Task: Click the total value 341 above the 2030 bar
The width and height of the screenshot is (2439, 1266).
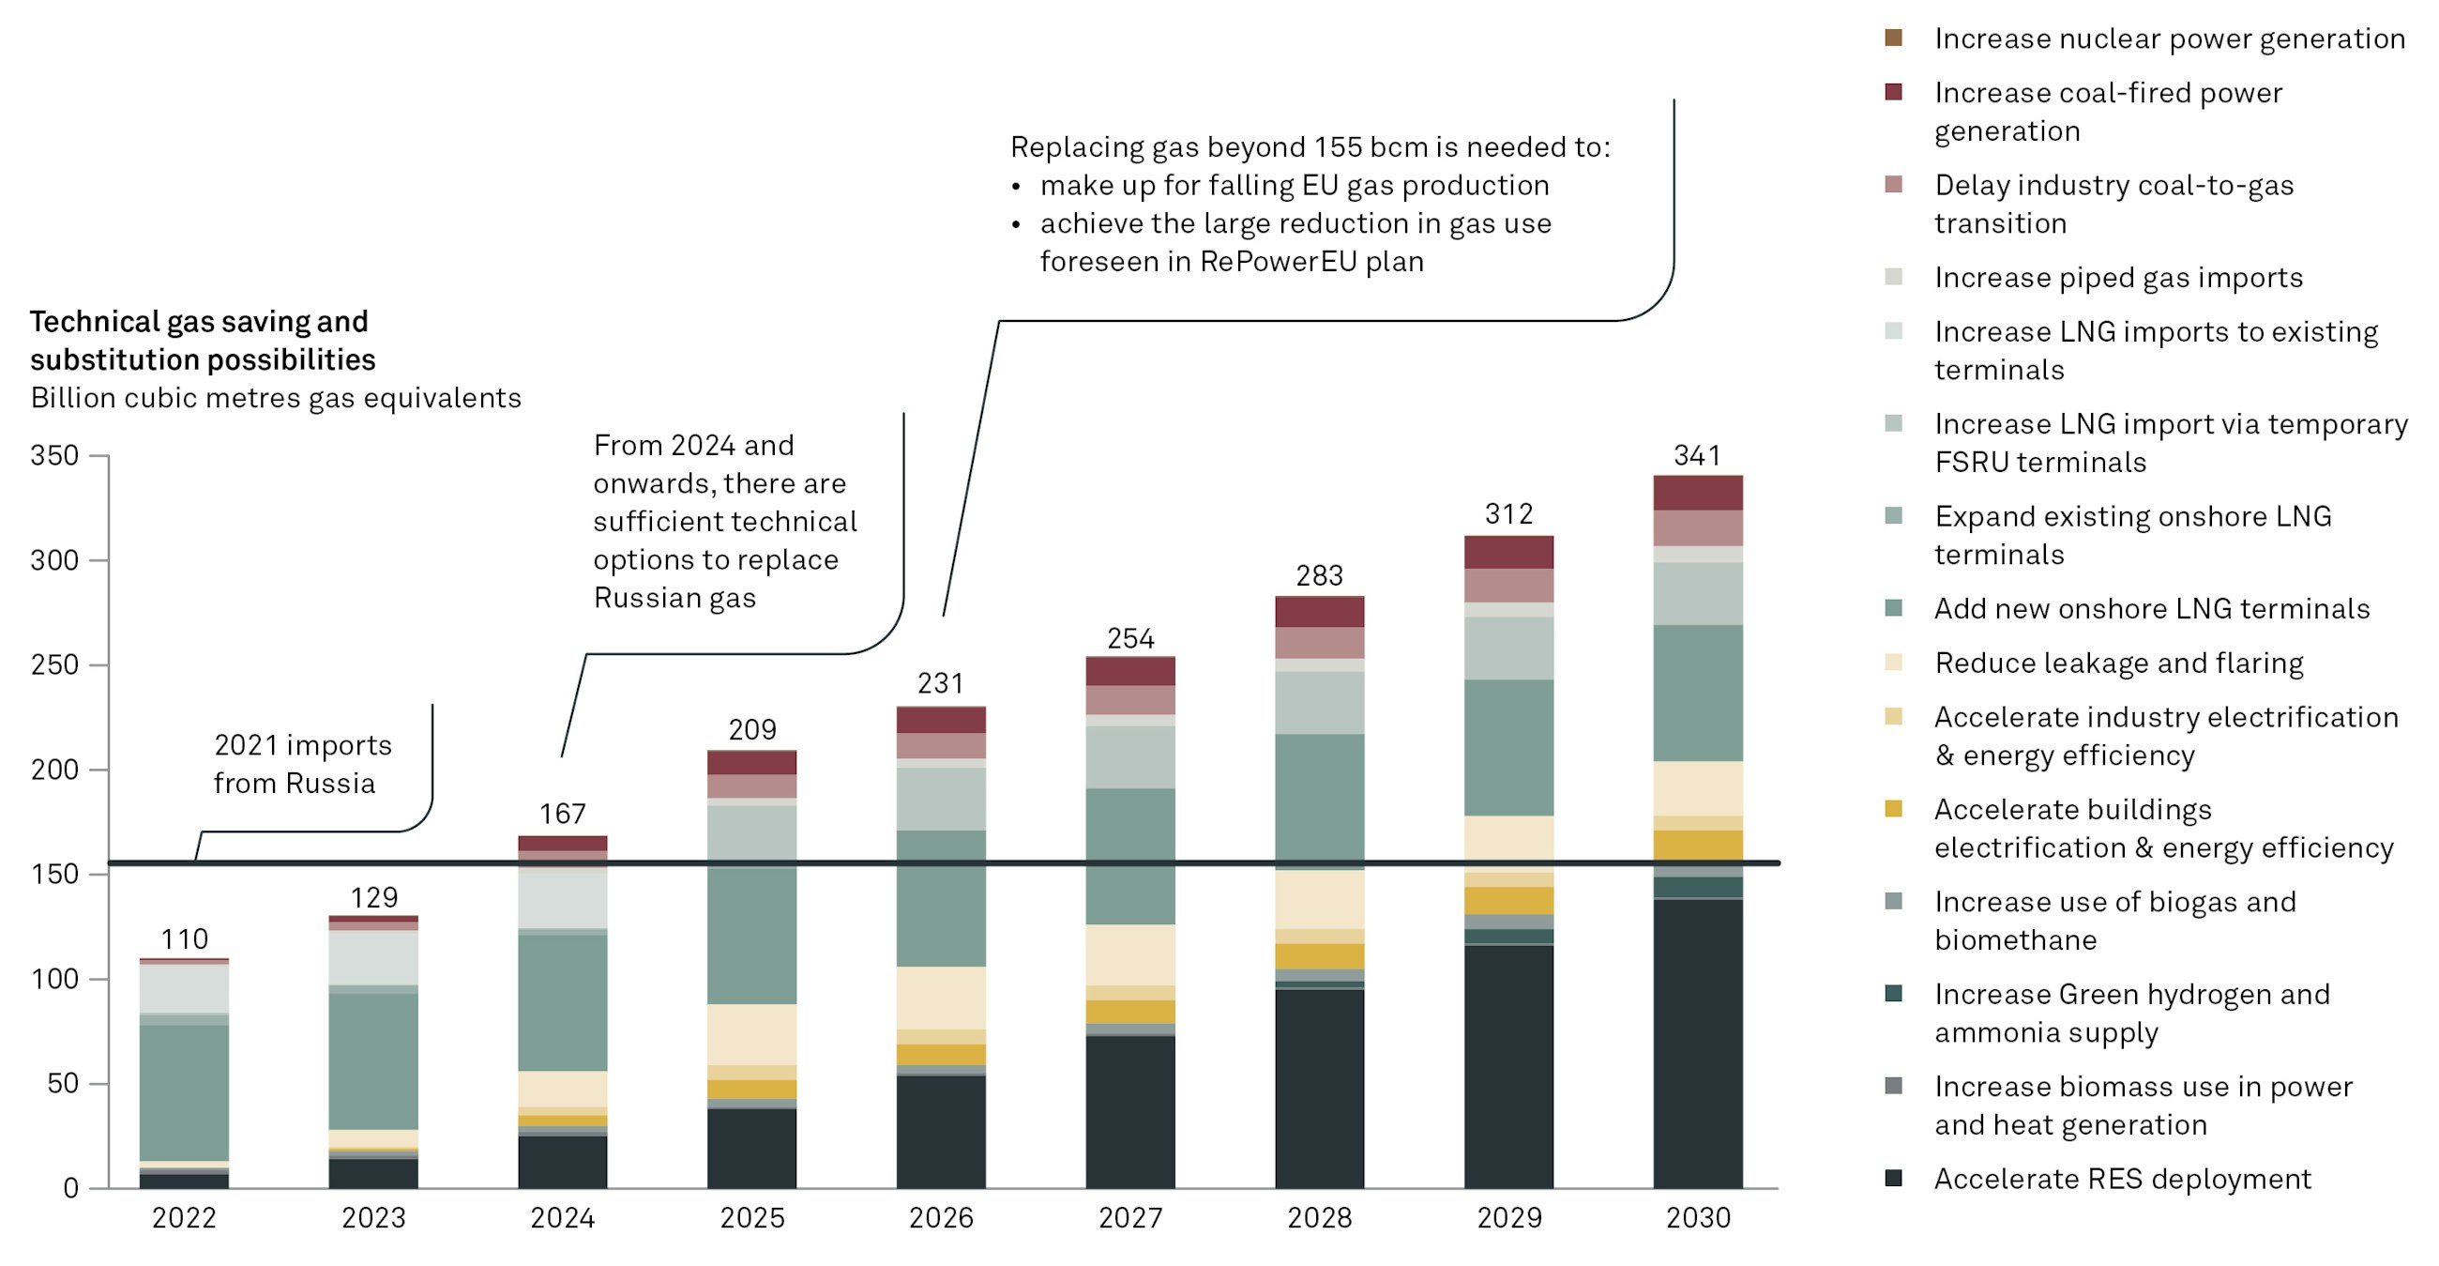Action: (1697, 455)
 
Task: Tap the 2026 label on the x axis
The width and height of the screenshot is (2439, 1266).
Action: (940, 1217)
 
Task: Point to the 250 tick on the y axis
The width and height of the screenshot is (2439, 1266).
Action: (54, 664)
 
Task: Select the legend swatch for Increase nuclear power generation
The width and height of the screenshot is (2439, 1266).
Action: (1893, 38)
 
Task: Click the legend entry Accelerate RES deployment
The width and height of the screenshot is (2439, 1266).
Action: (2122, 1179)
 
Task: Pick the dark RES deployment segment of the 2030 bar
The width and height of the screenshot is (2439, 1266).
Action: (1698, 1042)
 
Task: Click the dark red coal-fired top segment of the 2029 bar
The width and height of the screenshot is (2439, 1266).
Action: (1508, 552)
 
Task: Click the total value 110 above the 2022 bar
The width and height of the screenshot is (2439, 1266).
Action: (184, 939)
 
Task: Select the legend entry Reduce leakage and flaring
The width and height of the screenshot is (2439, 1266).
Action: (2118, 663)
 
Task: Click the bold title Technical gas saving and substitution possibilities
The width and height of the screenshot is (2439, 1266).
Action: (202, 340)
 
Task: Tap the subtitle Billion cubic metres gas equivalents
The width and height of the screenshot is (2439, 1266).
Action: (276, 398)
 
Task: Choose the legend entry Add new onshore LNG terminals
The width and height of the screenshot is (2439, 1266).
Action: (2151, 608)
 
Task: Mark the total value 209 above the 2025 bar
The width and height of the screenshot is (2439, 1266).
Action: (751, 729)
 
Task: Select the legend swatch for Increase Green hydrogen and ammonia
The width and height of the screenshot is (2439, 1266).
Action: (1893, 993)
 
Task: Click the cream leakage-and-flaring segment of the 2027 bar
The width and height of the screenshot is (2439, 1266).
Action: (1129, 954)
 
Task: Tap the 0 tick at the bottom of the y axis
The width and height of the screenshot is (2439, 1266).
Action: (70, 1188)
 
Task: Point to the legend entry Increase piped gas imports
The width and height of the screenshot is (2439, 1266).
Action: (2118, 278)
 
